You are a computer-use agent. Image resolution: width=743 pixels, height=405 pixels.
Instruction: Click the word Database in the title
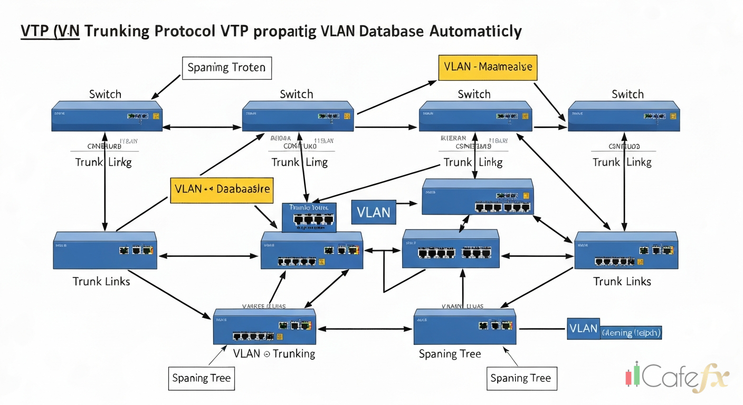click(391, 31)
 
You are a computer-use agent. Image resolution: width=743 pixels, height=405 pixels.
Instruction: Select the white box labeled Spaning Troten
click(227, 68)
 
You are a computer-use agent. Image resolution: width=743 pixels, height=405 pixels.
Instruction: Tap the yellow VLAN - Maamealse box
click(487, 67)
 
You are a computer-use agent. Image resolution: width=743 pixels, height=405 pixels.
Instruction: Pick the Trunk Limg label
click(299, 162)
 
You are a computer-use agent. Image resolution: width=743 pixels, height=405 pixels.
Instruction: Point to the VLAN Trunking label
click(274, 353)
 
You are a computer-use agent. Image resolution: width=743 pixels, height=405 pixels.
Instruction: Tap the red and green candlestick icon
click(633, 375)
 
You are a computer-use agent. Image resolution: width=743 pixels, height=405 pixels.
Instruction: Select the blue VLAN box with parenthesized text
click(614, 329)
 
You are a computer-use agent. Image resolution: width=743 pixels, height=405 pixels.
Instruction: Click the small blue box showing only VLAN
click(373, 212)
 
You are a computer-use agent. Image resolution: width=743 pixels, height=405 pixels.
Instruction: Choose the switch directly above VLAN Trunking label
click(264, 326)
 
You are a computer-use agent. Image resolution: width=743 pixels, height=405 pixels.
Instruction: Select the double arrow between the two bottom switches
click(364, 329)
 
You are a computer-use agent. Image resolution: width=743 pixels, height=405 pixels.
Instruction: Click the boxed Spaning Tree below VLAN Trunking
click(202, 378)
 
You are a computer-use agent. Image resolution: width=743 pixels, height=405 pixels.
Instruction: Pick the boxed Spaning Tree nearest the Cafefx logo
click(520, 378)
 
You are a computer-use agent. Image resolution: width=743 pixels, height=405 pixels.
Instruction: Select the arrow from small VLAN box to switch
click(407, 202)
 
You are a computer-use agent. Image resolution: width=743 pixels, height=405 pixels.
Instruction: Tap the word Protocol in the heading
click(185, 31)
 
